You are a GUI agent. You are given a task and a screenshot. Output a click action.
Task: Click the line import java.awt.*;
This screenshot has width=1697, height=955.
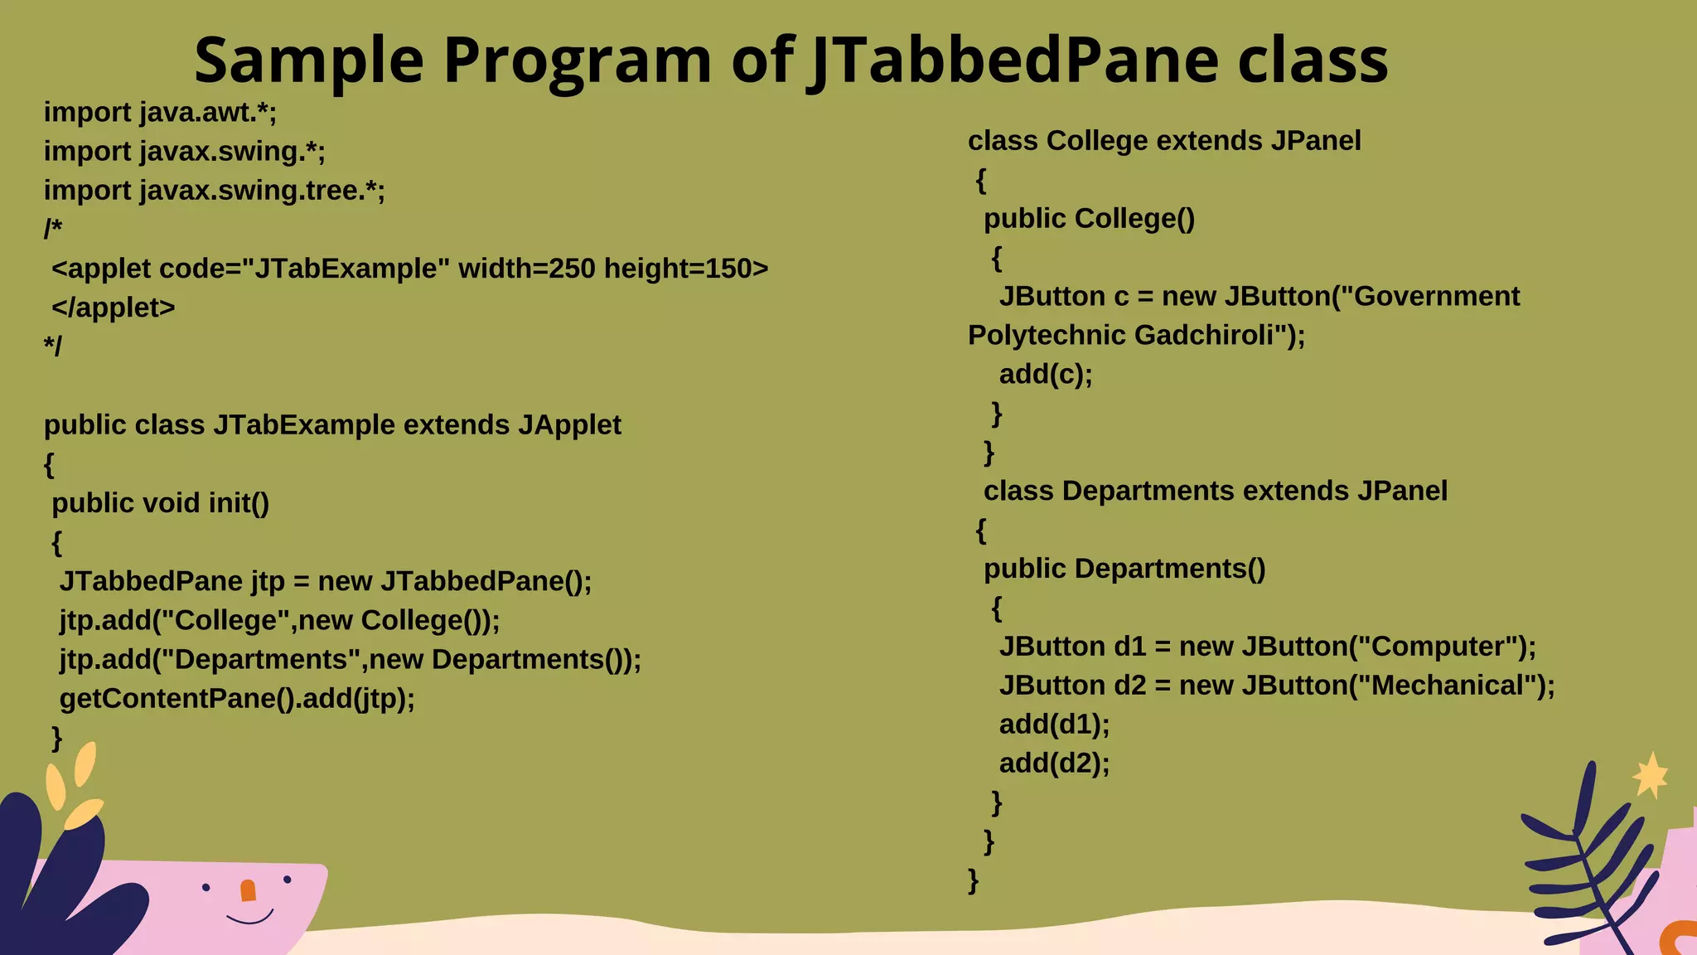[x=160, y=113]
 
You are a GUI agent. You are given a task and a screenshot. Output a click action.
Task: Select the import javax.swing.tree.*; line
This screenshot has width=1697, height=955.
[x=214, y=191]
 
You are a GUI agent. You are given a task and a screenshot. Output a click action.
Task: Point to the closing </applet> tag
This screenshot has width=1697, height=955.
[x=114, y=308]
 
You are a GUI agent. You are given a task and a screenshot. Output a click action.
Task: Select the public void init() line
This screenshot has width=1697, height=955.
[x=160, y=503]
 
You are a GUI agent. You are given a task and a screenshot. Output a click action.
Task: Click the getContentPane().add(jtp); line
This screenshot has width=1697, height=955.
[x=237, y=699]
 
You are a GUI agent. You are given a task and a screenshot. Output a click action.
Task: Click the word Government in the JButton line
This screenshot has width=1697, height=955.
[x=1437, y=297]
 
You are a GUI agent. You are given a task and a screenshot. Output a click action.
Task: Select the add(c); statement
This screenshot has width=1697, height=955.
[x=1046, y=375]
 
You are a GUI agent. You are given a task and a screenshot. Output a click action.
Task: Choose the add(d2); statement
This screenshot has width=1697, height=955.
[x=1054, y=764]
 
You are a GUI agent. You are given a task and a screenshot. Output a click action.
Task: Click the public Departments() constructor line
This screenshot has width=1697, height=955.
[x=1124, y=570]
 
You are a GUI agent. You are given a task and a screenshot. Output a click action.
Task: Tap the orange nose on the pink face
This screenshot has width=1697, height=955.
[x=248, y=890]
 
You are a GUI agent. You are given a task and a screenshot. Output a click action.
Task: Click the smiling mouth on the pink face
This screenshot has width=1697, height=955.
[x=249, y=918]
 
